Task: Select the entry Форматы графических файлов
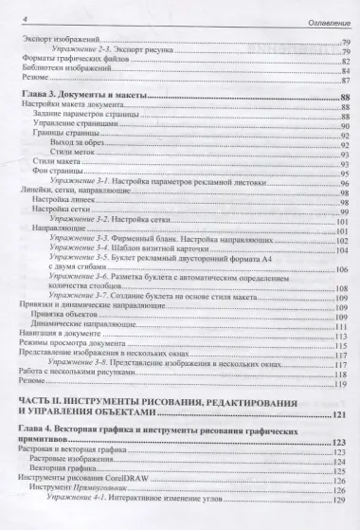click(66, 61)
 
